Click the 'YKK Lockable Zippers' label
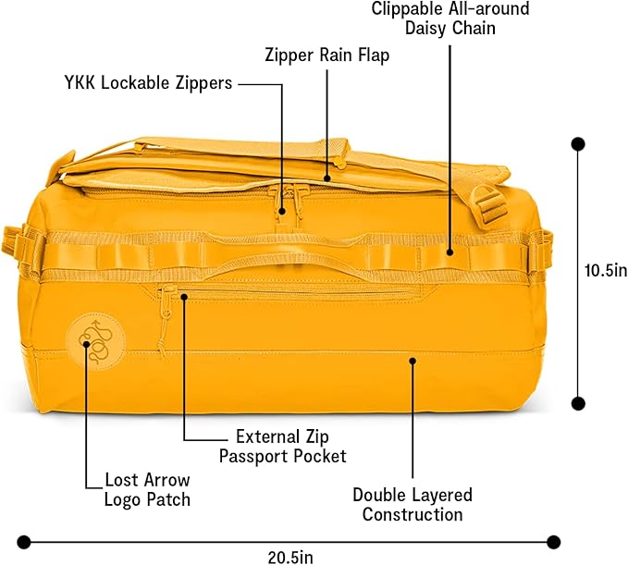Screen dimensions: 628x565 pyautogui.click(x=148, y=83)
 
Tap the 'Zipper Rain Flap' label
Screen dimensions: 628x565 pyautogui.click(x=326, y=55)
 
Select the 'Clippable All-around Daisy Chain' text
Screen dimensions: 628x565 pyautogui.click(x=450, y=18)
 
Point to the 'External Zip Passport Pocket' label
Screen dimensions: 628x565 pyautogui.click(x=282, y=447)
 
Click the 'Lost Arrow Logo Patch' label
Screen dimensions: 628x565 pyautogui.click(x=147, y=490)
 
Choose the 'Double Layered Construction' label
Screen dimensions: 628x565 pyautogui.click(x=413, y=505)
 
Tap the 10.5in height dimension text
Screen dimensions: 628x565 pyautogui.click(x=606, y=271)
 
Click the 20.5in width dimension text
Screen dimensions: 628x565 pyautogui.click(x=290, y=557)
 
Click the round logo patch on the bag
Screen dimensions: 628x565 pyautogui.click(x=95, y=341)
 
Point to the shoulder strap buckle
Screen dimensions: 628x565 pyautogui.click(x=487, y=207)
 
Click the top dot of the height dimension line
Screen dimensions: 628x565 pyautogui.click(x=578, y=144)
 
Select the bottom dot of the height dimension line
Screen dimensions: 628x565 pyautogui.click(x=578, y=403)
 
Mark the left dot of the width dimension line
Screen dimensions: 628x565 pyautogui.click(x=24, y=542)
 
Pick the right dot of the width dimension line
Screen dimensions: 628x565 pyautogui.click(x=553, y=542)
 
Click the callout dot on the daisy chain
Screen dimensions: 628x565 pyautogui.click(x=449, y=252)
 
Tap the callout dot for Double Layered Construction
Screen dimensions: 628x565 pyautogui.click(x=413, y=361)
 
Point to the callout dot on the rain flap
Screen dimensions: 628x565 pyautogui.click(x=327, y=178)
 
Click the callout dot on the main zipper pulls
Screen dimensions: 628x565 pyautogui.click(x=282, y=211)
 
